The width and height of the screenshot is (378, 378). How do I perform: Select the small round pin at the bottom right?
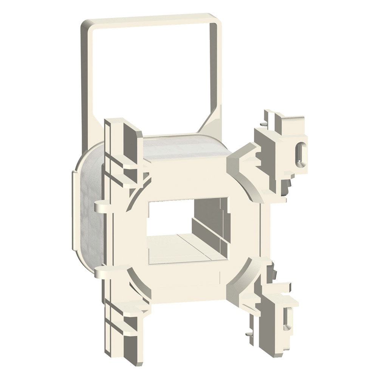pos(249,333)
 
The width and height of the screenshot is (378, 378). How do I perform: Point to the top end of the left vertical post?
pos(113,123)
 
